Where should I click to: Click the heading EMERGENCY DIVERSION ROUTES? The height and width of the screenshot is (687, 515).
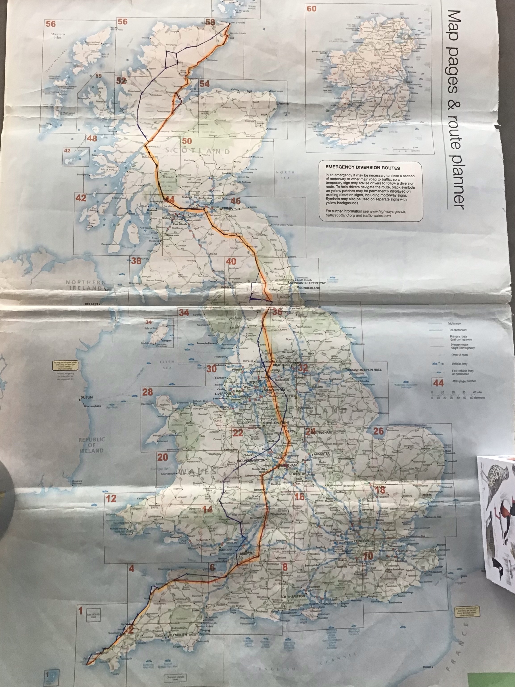363,168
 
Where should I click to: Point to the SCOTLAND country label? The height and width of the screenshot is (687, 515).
197,151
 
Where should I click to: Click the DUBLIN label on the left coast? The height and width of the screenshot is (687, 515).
87,398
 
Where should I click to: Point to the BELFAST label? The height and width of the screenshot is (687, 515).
92,304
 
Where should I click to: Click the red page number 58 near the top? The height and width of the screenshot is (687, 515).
210,22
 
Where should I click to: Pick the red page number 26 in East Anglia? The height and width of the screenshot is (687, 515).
378,431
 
